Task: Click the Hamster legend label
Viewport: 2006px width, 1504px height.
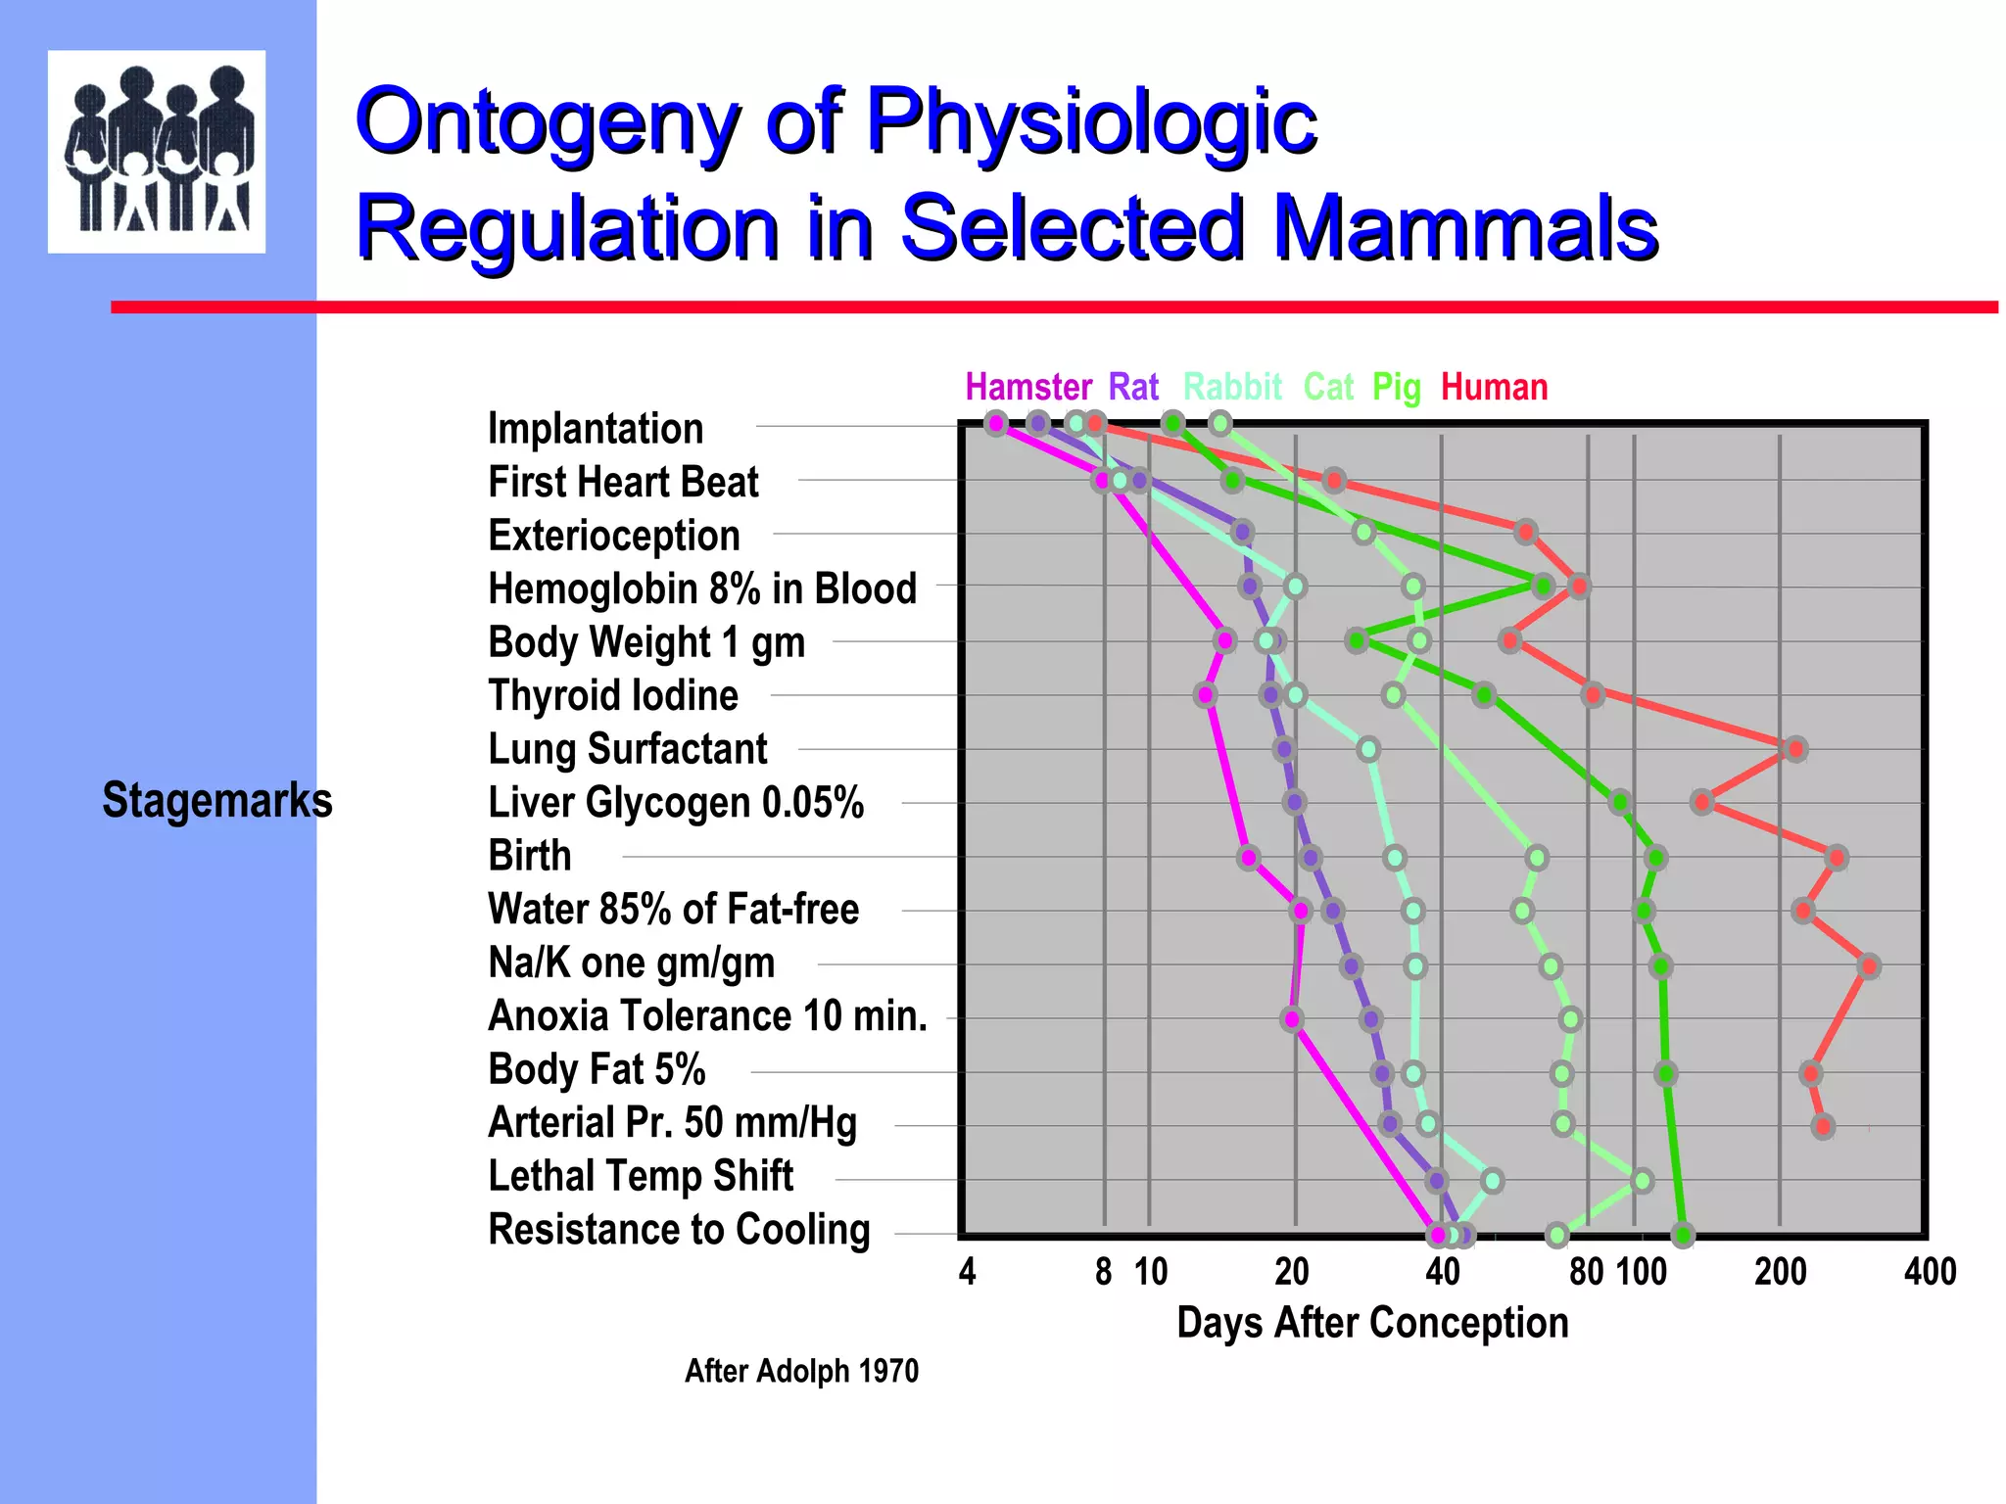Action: (x=1027, y=388)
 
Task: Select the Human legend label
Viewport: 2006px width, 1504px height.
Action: (x=1494, y=388)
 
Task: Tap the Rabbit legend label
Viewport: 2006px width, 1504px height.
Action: (x=1232, y=388)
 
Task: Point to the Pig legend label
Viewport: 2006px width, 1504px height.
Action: (x=1396, y=389)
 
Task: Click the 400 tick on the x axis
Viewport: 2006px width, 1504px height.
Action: (x=1930, y=1272)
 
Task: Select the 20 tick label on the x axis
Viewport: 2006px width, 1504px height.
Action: (x=1292, y=1272)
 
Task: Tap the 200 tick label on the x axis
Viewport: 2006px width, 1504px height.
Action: (x=1780, y=1272)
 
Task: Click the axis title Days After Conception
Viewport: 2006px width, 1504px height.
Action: (x=1371, y=1323)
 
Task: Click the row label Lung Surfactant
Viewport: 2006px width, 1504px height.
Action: (x=627, y=749)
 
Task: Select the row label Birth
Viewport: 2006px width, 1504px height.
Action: (x=529, y=856)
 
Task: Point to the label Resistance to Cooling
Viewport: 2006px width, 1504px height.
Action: (x=679, y=1230)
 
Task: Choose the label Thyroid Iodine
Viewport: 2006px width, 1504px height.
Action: (x=612, y=696)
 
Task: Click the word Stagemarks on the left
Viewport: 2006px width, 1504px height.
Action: (x=216, y=800)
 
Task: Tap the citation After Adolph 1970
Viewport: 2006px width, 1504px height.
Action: (x=801, y=1371)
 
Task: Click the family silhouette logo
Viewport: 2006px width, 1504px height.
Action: (x=157, y=152)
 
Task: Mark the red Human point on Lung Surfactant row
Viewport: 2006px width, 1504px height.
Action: (x=1794, y=749)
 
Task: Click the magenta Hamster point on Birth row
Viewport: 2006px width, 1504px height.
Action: (x=1248, y=859)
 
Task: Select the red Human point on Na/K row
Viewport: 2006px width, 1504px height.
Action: (x=1869, y=966)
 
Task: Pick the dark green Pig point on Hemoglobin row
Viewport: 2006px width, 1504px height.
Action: (x=1543, y=587)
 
